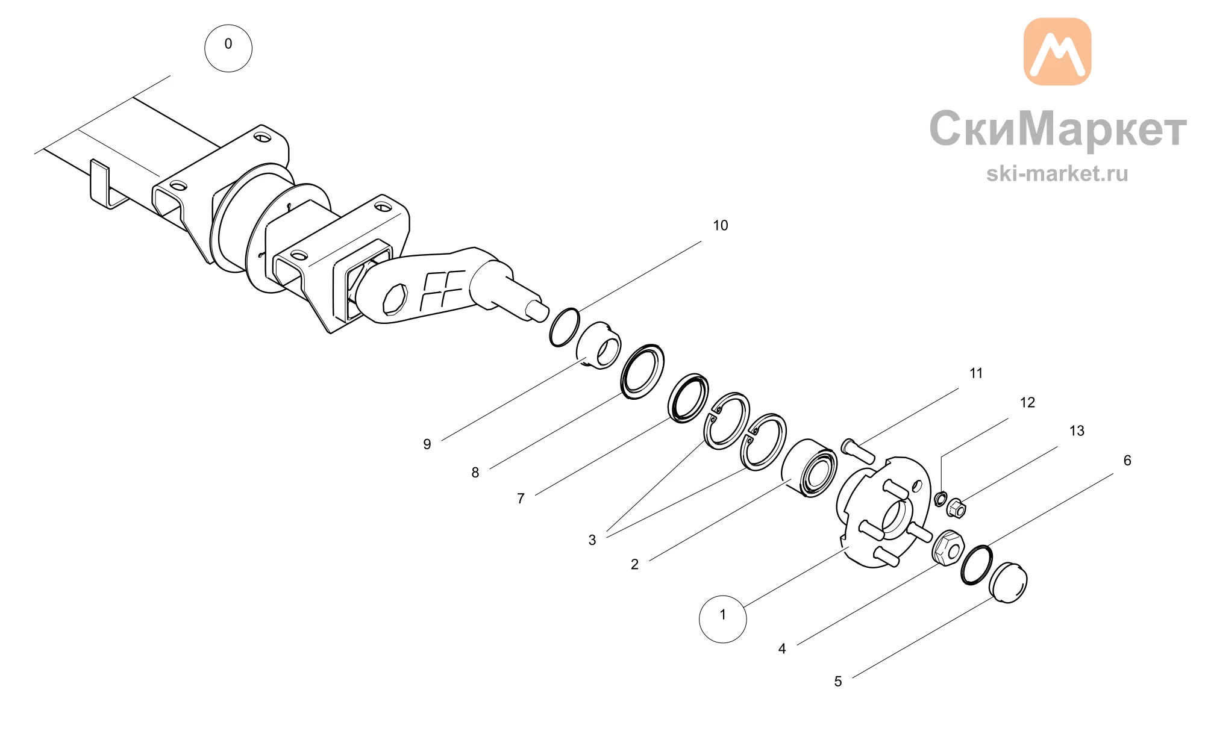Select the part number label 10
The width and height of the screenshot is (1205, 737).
pyautogui.click(x=721, y=225)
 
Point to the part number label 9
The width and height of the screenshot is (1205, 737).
pyautogui.click(x=427, y=444)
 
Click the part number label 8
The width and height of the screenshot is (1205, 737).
pyautogui.click(x=475, y=473)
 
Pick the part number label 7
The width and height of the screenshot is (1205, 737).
pyautogui.click(x=521, y=499)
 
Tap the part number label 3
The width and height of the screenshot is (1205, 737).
pyautogui.click(x=592, y=540)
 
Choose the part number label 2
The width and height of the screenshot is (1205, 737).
pyautogui.click(x=634, y=564)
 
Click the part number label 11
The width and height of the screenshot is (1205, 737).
pyautogui.click(x=976, y=373)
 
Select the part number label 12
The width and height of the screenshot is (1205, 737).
pyautogui.click(x=1027, y=402)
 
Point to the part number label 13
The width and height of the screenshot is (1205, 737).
pyautogui.click(x=1077, y=431)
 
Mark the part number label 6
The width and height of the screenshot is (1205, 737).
pyautogui.click(x=1127, y=461)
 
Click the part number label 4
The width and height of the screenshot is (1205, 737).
pyautogui.click(x=782, y=648)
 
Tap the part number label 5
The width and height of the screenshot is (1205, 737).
pyautogui.click(x=838, y=681)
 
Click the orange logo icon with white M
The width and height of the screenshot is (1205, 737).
pyautogui.click(x=1057, y=51)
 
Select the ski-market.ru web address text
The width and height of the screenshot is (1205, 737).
pyautogui.click(x=1057, y=173)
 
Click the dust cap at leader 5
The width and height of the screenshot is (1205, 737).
pyautogui.click(x=1009, y=582)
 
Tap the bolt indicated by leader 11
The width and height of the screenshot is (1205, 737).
pyautogui.click(x=857, y=450)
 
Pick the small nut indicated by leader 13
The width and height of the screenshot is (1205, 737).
pyautogui.click(x=956, y=508)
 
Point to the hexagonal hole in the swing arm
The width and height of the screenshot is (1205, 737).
pyautogui.click(x=395, y=299)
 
